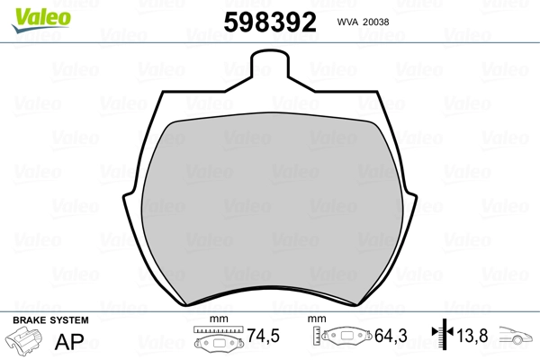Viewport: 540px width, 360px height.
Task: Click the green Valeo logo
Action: point(41,20)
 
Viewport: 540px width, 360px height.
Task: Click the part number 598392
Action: point(270,22)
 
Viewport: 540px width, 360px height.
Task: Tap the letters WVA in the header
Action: point(347,22)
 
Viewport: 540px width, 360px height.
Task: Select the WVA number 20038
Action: point(376,22)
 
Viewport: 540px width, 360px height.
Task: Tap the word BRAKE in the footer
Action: point(29,320)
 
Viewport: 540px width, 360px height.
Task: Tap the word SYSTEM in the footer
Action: point(68,320)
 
